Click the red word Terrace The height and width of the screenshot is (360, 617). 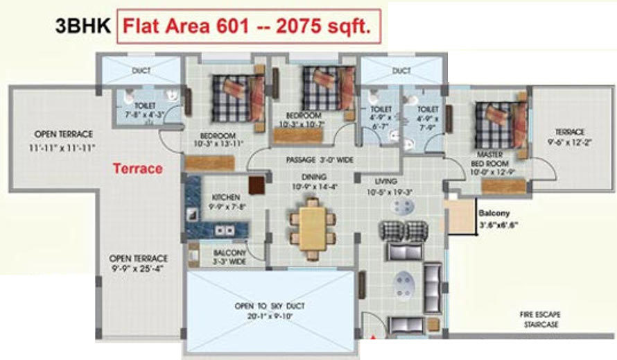137,169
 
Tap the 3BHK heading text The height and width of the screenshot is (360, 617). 82,28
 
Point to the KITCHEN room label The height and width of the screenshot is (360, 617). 225,198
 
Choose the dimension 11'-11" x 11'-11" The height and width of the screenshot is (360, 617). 62,148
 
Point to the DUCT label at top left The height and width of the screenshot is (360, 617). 141,70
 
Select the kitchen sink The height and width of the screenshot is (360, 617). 223,230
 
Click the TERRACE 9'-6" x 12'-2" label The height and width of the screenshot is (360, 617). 569,137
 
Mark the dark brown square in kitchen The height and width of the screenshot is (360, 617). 257,185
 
